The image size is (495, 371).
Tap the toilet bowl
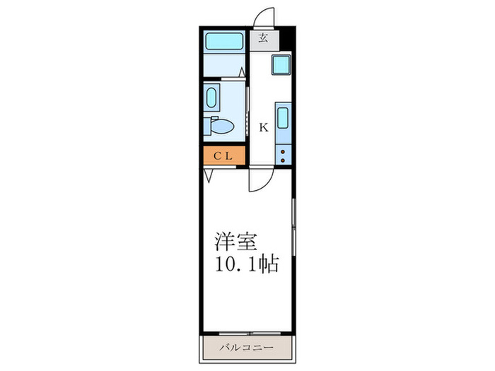[x=221, y=126]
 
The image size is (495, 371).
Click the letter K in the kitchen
[x=263, y=128]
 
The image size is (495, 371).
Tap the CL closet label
[x=223, y=156]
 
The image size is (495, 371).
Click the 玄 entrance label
[x=263, y=38]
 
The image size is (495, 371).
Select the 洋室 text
[x=236, y=241]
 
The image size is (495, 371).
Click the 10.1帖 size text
[x=245, y=266]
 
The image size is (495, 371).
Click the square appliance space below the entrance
[x=281, y=66]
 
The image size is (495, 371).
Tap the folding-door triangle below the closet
[x=209, y=175]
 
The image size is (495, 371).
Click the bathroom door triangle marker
[x=243, y=72]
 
